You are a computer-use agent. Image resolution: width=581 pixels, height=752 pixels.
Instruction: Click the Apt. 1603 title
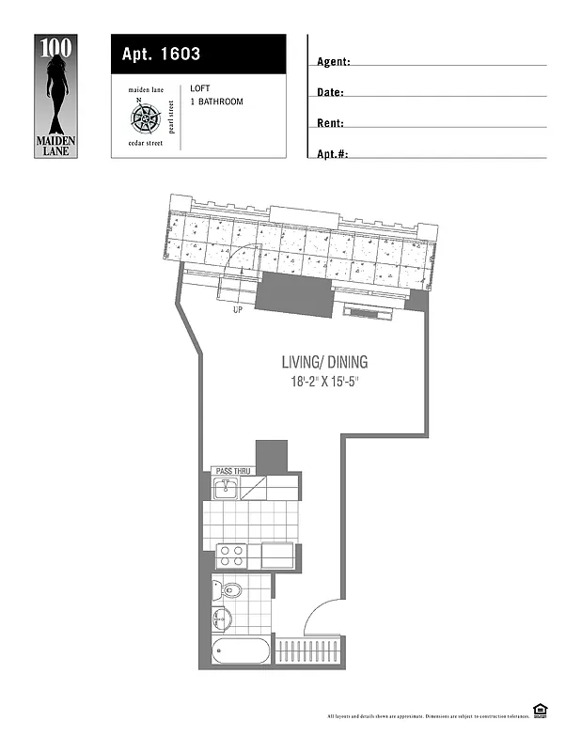[161, 55]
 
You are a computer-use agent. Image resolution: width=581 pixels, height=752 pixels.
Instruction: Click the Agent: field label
[334, 62]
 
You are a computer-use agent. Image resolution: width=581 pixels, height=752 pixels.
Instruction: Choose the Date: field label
[330, 92]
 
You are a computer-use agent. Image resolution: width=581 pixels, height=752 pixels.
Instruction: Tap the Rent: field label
[330, 123]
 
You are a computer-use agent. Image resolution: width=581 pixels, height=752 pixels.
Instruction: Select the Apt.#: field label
[333, 153]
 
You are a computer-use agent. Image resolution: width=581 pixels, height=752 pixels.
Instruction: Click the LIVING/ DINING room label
[324, 362]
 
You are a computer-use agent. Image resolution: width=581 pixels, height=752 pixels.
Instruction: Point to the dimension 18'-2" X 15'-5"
[326, 383]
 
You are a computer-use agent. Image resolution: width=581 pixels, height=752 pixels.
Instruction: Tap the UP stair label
[238, 309]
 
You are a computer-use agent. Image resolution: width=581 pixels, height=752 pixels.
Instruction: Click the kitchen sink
[225, 488]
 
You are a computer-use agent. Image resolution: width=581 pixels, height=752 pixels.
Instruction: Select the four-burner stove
[231, 556]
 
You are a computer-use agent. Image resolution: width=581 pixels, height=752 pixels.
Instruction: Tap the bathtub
[242, 650]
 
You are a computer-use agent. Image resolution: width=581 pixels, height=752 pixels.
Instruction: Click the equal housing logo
[540, 711]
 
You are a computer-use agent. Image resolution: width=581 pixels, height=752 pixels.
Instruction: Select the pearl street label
[171, 117]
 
